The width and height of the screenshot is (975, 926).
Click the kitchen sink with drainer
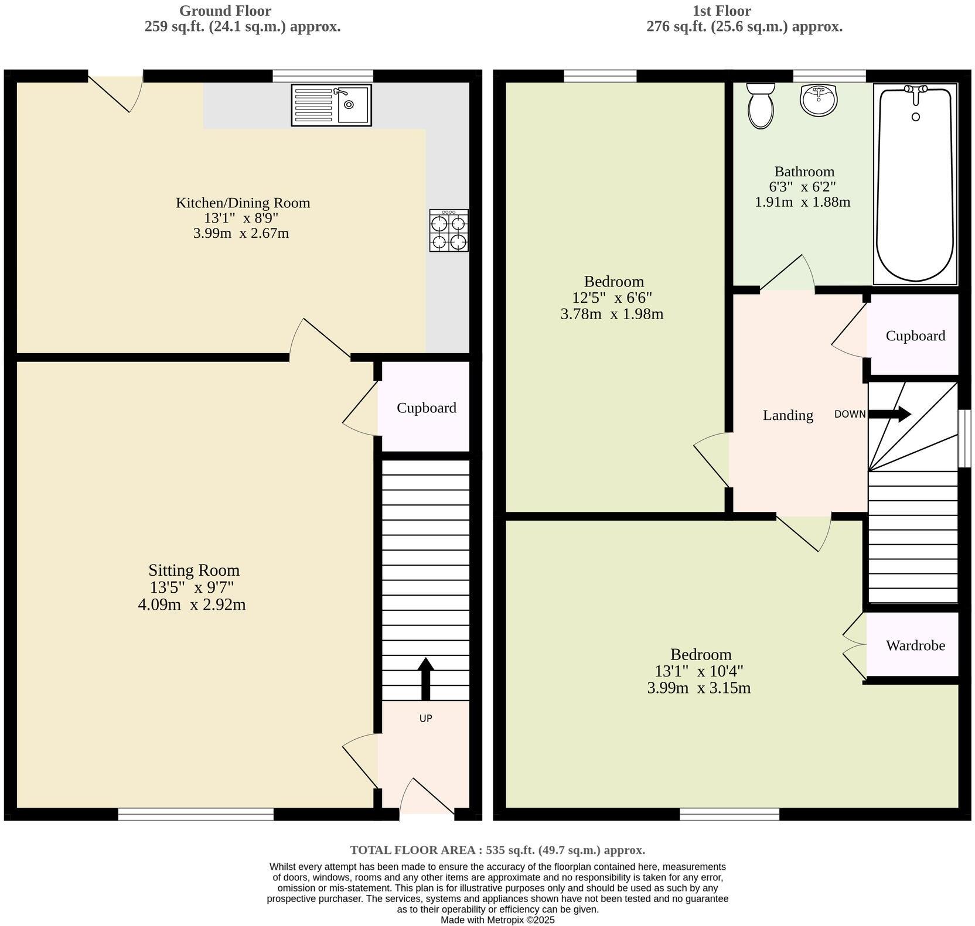pyautogui.click(x=331, y=105)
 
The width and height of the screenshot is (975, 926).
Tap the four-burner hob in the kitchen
pyautogui.click(x=449, y=231)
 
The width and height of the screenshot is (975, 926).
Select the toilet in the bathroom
pyautogui.click(x=760, y=105)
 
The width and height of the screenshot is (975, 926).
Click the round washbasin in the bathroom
pyautogui.click(x=819, y=100)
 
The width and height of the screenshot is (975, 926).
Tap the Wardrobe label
pyautogui.click(x=915, y=645)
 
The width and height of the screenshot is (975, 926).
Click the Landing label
pyautogui.click(x=787, y=415)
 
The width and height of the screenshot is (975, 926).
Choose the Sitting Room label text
pyautogui.click(x=194, y=570)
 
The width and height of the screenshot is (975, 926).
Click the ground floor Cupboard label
pyautogui.click(x=426, y=408)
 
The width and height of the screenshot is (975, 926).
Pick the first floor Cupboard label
pyautogui.click(x=915, y=336)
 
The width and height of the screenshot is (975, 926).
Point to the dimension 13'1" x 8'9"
pyautogui.click(x=241, y=218)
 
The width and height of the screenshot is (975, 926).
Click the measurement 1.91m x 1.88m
pyautogui.click(x=802, y=202)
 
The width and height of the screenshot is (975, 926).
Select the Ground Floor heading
pyautogui.click(x=225, y=11)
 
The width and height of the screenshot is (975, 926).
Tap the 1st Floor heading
pyautogui.click(x=721, y=11)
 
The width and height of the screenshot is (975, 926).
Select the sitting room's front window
pyautogui.click(x=196, y=814)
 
